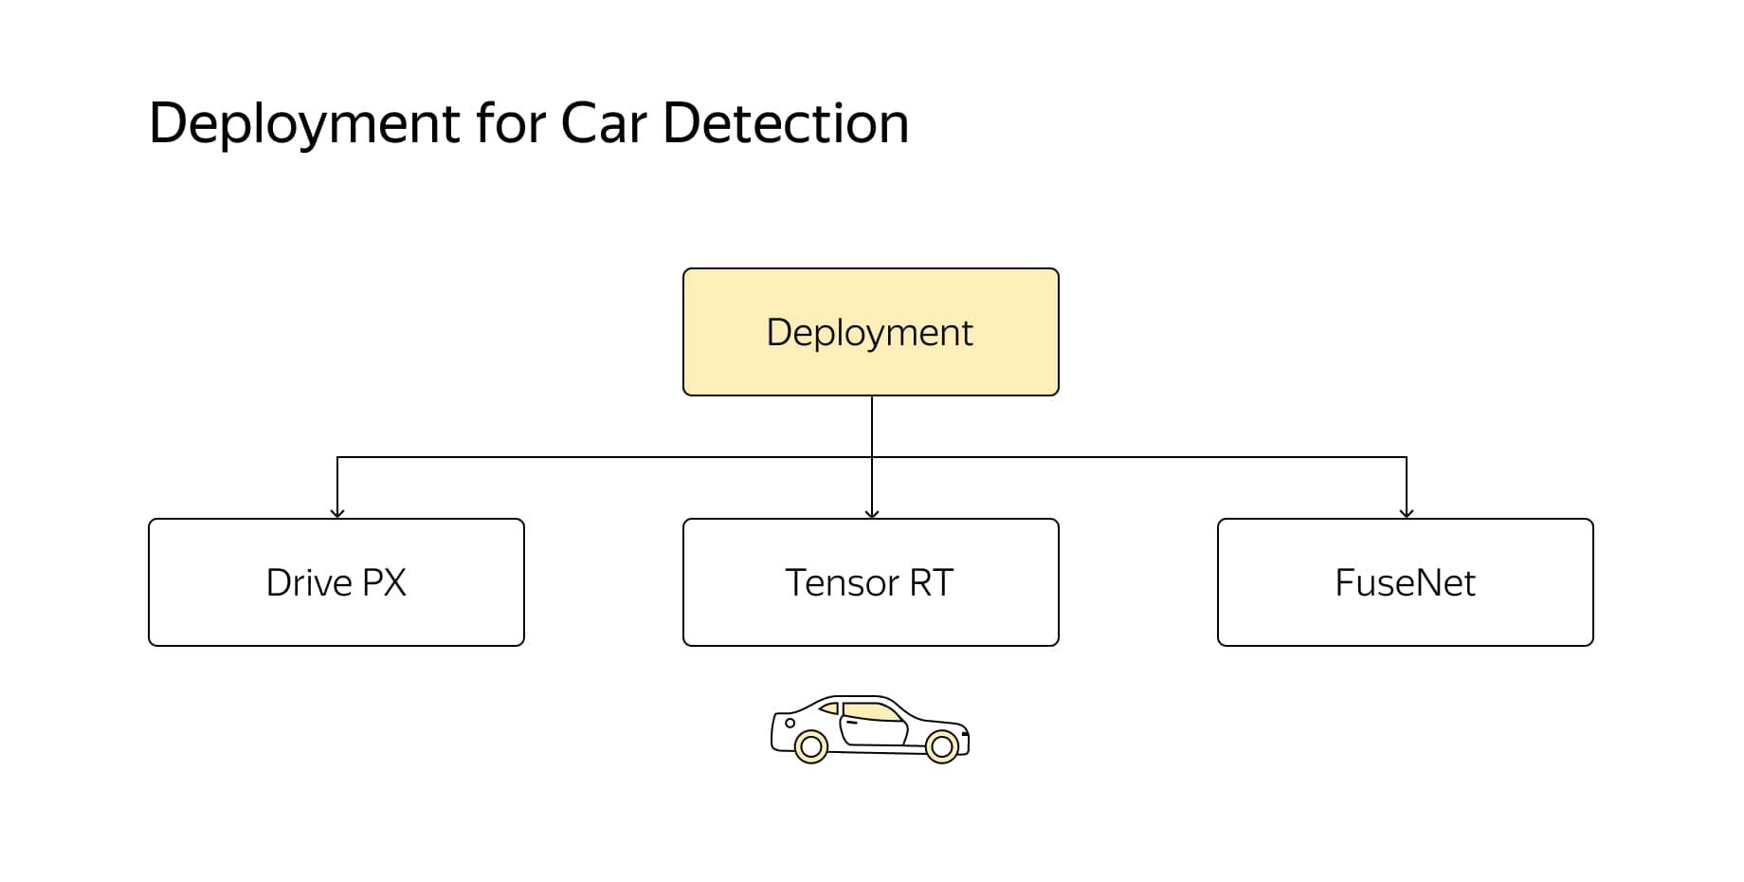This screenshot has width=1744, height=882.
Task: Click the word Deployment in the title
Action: [304, 124]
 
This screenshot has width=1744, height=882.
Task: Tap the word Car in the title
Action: [603, 123]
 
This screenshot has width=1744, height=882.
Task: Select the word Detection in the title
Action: [786, 123]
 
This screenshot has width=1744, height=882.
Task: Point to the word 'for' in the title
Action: [510, 123]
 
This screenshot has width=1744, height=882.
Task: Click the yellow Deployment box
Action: [870, 332]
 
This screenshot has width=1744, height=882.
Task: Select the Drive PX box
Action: [336, 582]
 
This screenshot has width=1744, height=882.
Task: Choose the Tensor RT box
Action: [870, 582]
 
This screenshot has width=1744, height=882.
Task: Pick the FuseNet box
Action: [1405, 582]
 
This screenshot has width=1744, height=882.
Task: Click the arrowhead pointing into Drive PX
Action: [337, 514]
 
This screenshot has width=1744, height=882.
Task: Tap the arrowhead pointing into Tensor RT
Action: [872, 514]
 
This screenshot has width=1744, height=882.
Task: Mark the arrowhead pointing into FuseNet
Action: [1407, 514]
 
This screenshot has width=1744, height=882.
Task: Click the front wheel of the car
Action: [942, 747]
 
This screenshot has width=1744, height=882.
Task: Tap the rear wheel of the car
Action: [810, 747]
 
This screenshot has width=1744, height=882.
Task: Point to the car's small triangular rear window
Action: [830, 707]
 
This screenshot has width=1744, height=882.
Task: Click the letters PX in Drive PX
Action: [384, 582]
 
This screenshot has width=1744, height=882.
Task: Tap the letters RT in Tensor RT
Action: [931, 582]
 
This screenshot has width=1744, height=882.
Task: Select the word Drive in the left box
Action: [309, 582]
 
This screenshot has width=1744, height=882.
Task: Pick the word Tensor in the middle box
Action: [843, 582]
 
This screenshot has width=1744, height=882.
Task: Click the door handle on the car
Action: [852, 723]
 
